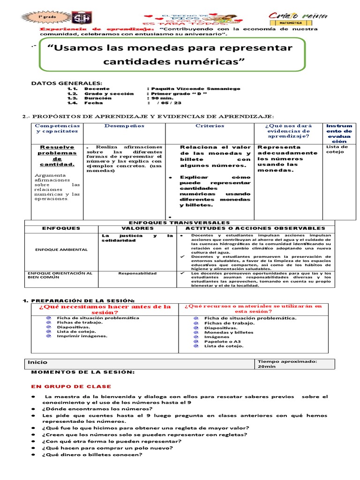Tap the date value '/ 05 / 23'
point(163,103)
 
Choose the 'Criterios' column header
point(210,126)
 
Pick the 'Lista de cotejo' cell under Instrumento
point(337,149)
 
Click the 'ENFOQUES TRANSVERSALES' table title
point(179,223)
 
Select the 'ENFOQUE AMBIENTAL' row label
point(61,249)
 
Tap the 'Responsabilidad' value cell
point(137,273)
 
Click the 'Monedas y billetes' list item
point(229,332)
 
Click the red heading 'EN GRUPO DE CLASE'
point(71,386)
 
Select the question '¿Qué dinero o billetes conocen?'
point(92,455)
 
